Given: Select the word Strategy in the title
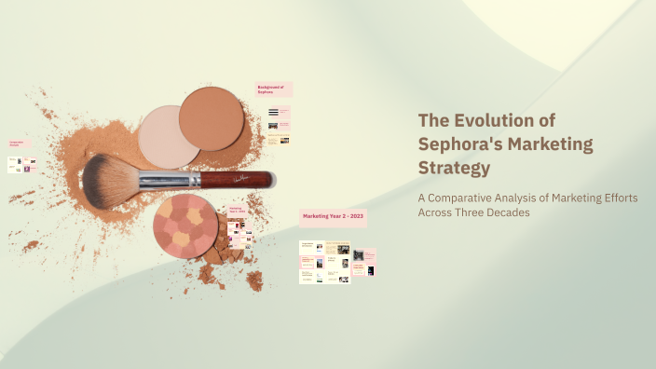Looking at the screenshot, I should (454, 169).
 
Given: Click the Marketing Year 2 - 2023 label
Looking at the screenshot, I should (333, 216).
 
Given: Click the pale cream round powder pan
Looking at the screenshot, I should (169, 136).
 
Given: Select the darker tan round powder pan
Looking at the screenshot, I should (212, 118).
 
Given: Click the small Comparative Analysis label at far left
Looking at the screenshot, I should (18, 144).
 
